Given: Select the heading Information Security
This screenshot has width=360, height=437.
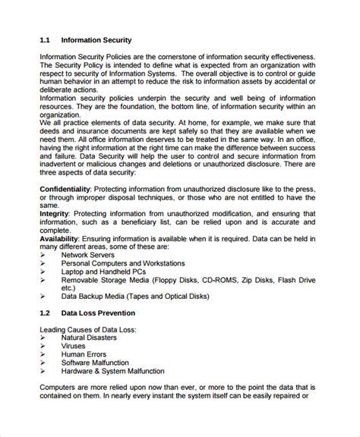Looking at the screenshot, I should [x=97, y=39].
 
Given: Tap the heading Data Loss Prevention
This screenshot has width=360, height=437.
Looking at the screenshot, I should [x=105, y=312].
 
